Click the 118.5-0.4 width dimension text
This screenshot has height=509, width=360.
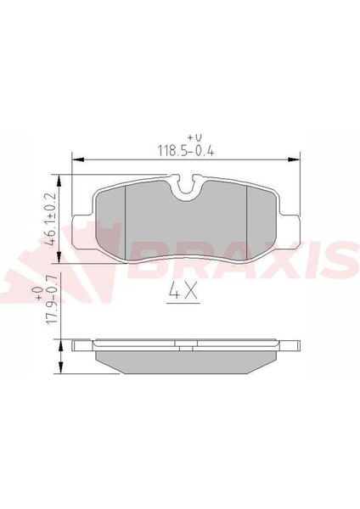coord(186,151)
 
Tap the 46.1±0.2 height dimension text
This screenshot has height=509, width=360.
coord(51,219)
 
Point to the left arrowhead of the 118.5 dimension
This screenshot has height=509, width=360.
coord(77,159)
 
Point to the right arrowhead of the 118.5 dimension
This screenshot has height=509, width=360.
coord(294,159)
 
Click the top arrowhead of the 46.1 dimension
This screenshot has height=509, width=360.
coord(59,181)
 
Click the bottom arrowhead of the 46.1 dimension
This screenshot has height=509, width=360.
coord(59,257)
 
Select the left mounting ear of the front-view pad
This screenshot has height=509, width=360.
coord(82,232)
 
